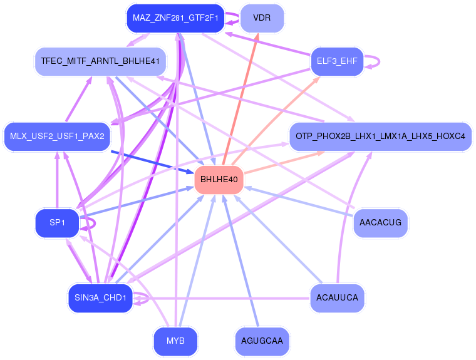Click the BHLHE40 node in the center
pos(219,180)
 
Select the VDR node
pos(262,18)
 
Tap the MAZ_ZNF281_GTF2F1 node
pos(175,18)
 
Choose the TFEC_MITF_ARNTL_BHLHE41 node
pos(100,61)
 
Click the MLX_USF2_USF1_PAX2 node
pos(57,136)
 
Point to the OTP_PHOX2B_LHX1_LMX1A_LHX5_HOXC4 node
pos(380,136)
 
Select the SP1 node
pos(57,223)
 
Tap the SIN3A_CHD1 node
pos(100,297)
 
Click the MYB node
pos(175,341)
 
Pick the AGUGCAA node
pos(262,341)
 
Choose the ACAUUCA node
pos(337,297)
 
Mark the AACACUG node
pos(380,223)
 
